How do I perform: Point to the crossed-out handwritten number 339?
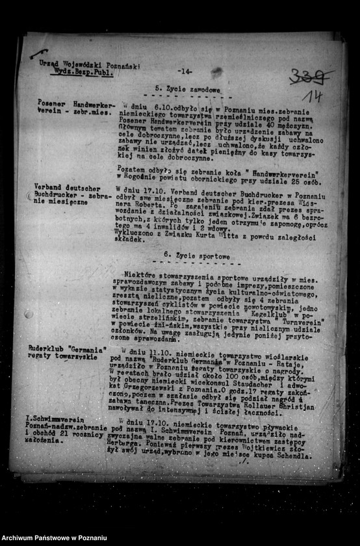click(x=310, y=77)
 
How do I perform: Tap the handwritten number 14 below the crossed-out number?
click(x=312, y=97)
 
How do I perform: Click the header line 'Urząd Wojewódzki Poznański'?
click(x=89, y=65)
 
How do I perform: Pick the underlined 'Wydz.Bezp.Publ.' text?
click(x=84, y=73)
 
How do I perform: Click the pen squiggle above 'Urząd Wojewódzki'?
click(x=39, y=54)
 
